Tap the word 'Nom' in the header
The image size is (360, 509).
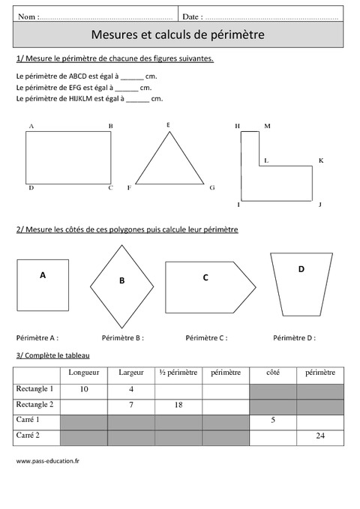click(x=25, y=16)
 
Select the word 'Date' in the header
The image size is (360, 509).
click(x=191, y=16)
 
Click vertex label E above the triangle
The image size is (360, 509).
click(x=168, y=124)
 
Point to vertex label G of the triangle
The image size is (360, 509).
click(x=212, y=187)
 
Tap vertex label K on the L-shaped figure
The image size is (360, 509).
click(x=320, y=160)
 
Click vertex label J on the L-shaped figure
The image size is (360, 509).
click(x=319, y=204)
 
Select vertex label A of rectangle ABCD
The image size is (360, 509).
click(x=31, y=127)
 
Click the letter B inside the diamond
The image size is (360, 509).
click(x=121, y=281)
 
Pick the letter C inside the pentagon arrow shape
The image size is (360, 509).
click(x=205, y=277)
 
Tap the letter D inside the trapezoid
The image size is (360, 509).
click(x=301, y=269)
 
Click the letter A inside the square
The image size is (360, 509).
click(x=43, y=275)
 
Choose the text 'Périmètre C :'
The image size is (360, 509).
click(x=206, y=338)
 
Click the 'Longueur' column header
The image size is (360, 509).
click(x=83, y=372)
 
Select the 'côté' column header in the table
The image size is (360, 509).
click(x=272, y=372)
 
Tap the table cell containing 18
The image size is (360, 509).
click(x=178, y=404)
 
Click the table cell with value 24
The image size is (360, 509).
click(x=320, y=436)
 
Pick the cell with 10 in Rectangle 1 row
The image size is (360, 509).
click(x=83, y=388)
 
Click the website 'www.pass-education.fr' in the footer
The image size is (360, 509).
click(x=47, y=460)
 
